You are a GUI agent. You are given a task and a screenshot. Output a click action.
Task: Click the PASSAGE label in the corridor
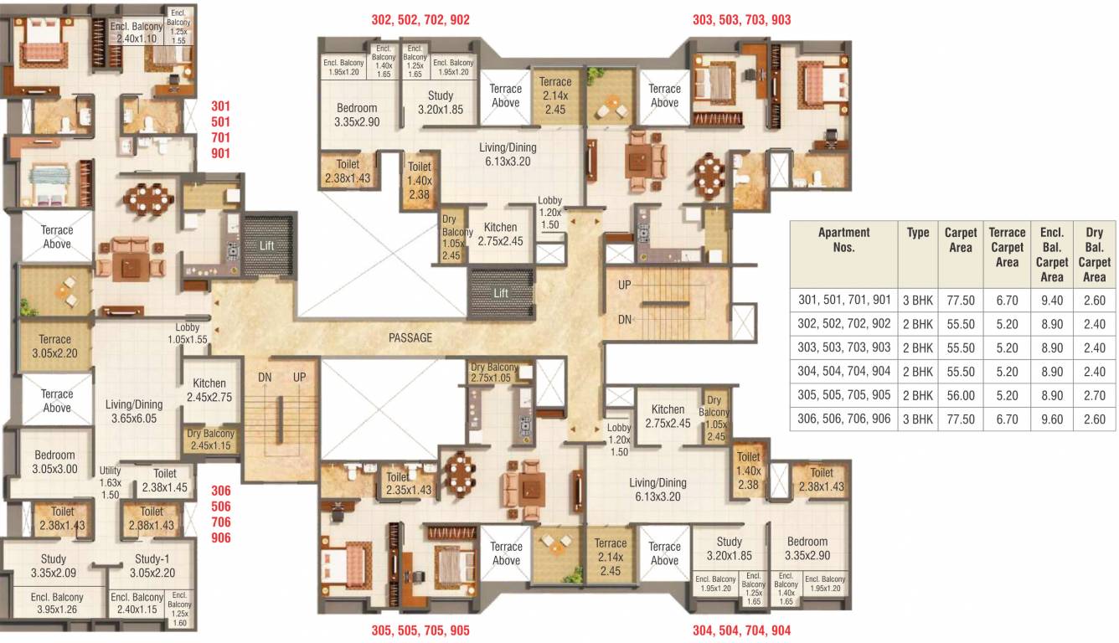click(410, 337)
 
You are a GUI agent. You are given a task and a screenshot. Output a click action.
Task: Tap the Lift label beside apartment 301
click(266, 246)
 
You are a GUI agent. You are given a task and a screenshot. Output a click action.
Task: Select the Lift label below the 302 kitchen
click(501, 293)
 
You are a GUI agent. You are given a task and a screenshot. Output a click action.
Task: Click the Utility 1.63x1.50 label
click(111, 482)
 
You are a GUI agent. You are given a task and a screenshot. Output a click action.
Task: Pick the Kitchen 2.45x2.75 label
click(209, 391)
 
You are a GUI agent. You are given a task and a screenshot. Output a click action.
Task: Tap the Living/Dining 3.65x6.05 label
click(134, 411)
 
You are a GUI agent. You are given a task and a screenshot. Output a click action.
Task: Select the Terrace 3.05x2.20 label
click(54, 347)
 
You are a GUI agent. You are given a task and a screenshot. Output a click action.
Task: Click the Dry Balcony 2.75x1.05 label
click(500, 373)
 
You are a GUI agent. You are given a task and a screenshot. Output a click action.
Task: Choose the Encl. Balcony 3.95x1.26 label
click(57, 603)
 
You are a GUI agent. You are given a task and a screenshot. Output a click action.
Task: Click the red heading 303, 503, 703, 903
click(741, 19)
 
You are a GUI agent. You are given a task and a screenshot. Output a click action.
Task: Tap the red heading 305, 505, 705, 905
click(420, 630)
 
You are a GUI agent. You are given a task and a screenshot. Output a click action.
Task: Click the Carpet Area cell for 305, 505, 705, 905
click(961, 395)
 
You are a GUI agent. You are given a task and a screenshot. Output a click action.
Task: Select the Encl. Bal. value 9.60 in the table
click(1051, 419)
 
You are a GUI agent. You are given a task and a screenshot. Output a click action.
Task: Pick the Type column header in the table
click(918, 233)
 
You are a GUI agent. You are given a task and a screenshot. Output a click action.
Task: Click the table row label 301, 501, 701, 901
click(843, 299)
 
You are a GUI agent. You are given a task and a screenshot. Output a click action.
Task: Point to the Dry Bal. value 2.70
click(1094, 395)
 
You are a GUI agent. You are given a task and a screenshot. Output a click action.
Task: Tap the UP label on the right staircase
click(625, 285)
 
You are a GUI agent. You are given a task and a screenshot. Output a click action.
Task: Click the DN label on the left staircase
click(265, 378)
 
